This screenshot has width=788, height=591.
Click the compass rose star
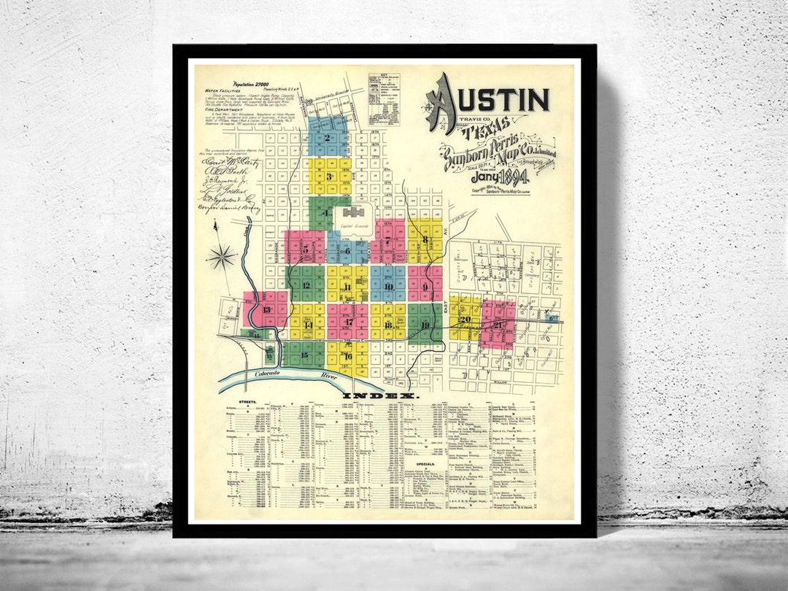pyautogui.click(x=221, y=257)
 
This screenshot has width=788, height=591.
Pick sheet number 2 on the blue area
pyautogui.click(x=328, y=138)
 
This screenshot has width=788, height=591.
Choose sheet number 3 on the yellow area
pyautogui.click(x=329, y=176)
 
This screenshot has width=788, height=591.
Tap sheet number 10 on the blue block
pyautogui.click(x=388, y=286)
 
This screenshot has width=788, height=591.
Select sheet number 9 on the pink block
pyautogui.click(x=425, y=286)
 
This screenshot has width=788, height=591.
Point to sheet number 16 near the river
pyautogui.click(x=348, y=356)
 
